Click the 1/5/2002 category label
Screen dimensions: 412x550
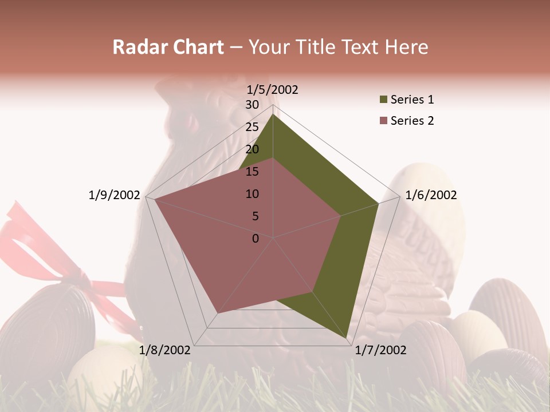pyautogui.click(x=273, y=89)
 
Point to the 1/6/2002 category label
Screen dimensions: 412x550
pyautogui.click(x=431, y=195)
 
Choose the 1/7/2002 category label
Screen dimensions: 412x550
pyautogui.click(x=380, y=350)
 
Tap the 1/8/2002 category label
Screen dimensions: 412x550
pyautogui.click(x=165, y=350)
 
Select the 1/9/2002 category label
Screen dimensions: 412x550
pyautogui.click(x=115, y=195)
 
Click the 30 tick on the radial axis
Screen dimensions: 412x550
pyautogui.click(x=252, y=105)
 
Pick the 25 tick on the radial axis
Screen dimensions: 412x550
pyautogui.click(x=252, y=127)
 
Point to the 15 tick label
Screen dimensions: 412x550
pyautogui.click(x=252, y=172)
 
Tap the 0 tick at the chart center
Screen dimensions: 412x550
pyautogui.click(x=256, y=239)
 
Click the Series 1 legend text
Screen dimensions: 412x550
pyautogui.click(x=412, y=100)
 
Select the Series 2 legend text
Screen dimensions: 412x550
pyautogui.click(x=412, y=121)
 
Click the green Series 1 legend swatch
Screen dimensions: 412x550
pyautogui.click(x=383, y=100)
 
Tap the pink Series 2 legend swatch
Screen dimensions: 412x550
pyautogui.click(x=383, y=121)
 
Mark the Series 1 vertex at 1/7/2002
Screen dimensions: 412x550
pyautogui.click(x=348, y=339)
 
